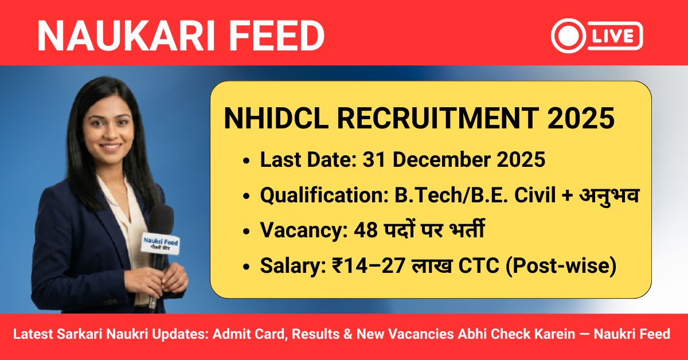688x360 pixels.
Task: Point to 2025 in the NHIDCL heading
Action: coord(579,120)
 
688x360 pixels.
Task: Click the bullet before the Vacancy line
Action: coord(246,232)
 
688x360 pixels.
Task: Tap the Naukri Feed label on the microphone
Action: coord(161,242)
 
